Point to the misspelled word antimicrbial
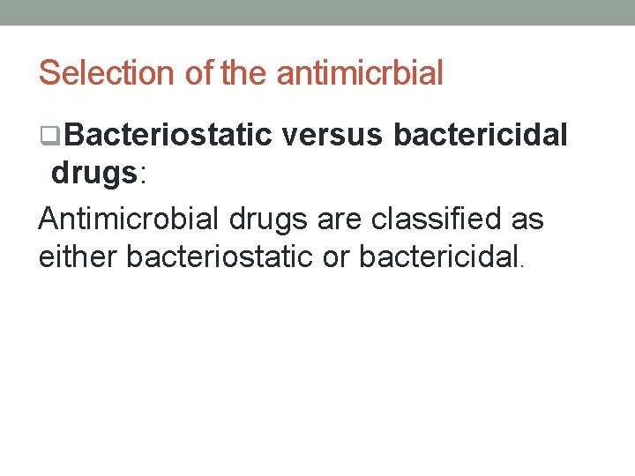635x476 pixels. [x=360, y=73]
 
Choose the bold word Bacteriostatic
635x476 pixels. [x=168, y=135]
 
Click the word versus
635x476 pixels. [x=332, y=135]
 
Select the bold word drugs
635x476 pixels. [x=93, y=173]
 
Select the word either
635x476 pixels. [x=78, y=257]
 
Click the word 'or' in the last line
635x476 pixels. [x=341, y=258]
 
